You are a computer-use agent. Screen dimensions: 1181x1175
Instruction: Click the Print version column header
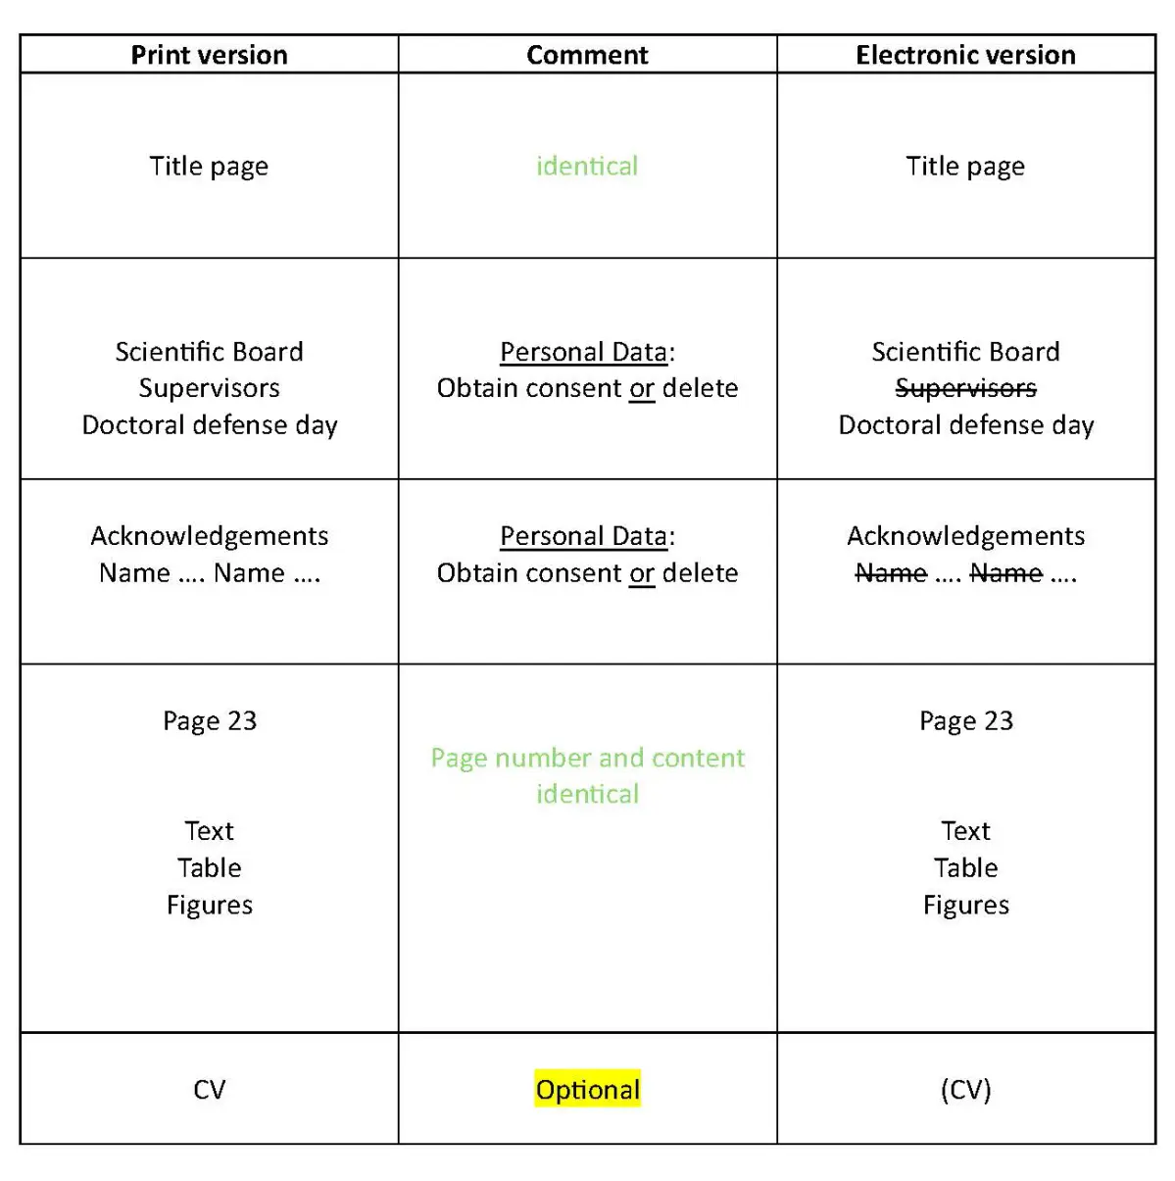pos(209,55)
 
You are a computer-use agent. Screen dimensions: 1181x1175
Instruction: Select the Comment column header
pos(587,55)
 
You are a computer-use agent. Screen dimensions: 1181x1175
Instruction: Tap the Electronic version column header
pos(965,55)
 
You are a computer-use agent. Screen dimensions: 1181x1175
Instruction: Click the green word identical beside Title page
pos(587,166)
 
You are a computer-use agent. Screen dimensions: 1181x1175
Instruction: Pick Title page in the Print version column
pos(209,166)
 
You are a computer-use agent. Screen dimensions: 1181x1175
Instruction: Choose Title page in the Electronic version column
pos(965,166)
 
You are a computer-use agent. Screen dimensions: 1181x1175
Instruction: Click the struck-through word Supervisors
pos(965,388)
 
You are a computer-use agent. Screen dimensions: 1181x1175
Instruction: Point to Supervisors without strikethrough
pos(209,388)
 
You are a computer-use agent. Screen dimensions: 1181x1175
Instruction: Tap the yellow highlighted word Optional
pos(587,1089)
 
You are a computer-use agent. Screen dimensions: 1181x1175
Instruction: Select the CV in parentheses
pos(965,1089)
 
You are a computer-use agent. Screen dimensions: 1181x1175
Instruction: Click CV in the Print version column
pos(209,1089)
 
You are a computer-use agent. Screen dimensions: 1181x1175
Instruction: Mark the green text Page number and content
pos(587,758)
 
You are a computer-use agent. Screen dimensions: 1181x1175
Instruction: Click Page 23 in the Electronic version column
pos(965,720)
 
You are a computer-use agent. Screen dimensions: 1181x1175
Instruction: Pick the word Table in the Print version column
pos(209,867)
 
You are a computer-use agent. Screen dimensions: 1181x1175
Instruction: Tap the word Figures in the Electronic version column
pos(965,905)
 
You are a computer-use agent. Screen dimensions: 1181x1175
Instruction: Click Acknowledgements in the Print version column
pos(209,536)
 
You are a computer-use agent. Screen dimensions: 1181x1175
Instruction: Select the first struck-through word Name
pos(891,572)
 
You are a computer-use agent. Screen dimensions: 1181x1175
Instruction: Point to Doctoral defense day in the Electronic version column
pos(965,424)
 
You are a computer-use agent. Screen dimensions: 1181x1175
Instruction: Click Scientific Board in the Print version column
pos(209,351)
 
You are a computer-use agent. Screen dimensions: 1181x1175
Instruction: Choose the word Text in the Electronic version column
pos(965,831)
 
